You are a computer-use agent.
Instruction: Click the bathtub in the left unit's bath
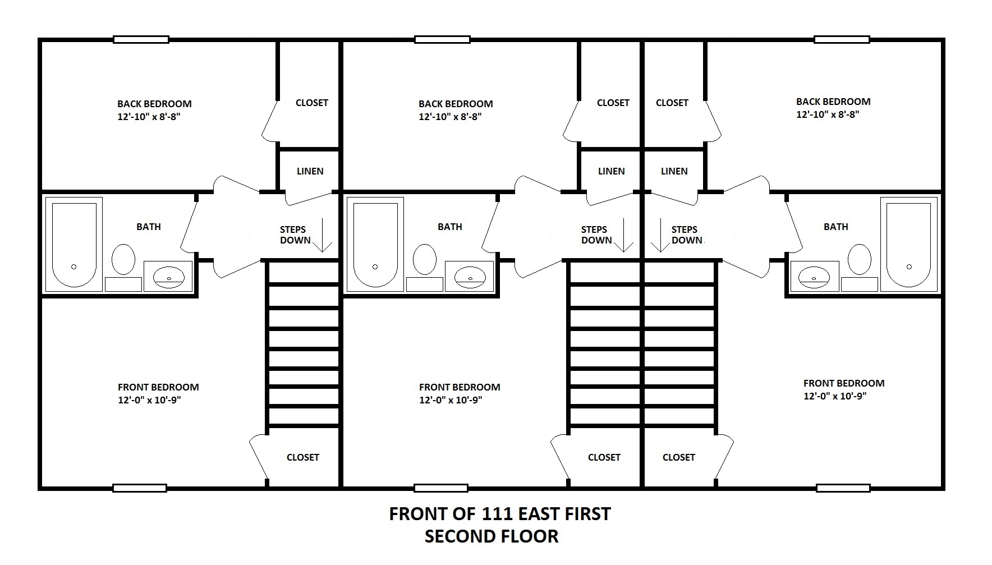[74, 244]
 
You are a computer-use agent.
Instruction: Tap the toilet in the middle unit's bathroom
[425, 259]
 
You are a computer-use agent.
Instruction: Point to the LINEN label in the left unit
[310, 171]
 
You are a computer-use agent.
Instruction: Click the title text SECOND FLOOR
[492, 536]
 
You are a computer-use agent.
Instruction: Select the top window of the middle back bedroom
[442, 39]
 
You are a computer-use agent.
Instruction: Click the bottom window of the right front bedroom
[843, 488]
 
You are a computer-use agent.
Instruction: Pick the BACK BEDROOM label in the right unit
[833, 102]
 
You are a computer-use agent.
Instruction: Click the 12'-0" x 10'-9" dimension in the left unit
[149, 400]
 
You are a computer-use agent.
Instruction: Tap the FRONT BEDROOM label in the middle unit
[460, 387]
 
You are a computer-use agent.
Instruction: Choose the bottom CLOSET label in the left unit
[303, 457]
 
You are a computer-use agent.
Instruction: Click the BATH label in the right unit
[836, 227]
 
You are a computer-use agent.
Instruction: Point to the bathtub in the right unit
[909, 244]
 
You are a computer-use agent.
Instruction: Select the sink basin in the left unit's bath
[169, 275]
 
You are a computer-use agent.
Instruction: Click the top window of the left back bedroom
[141, 39]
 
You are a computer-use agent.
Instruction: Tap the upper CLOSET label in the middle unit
[613, 103]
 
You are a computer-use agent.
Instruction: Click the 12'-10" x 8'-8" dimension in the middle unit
[450, 117]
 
